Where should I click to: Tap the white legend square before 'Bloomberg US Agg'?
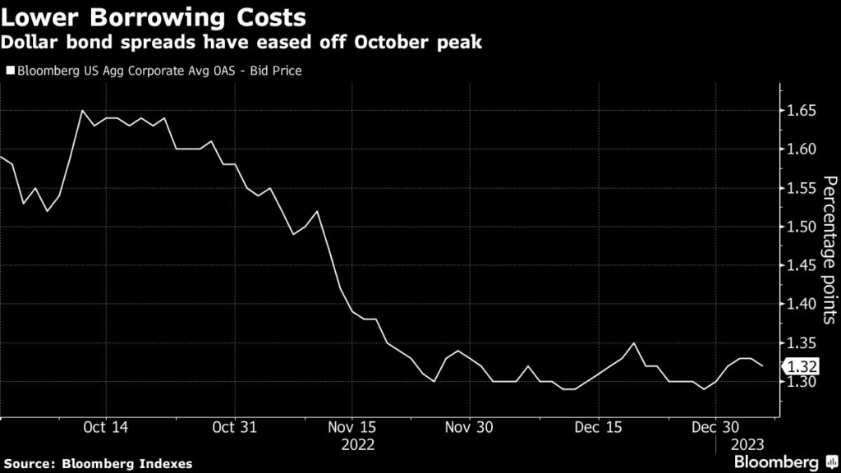pyautogui.click(x=10, y=71)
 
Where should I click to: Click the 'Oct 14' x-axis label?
pyautogui.click(x=107, y=427)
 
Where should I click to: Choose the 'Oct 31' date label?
pyautogui.click(x=236, y=427)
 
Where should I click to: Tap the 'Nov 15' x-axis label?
pyautogui.click(x=352, y=427)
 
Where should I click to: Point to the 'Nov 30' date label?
pyautogui.click(x=469, y=427)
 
